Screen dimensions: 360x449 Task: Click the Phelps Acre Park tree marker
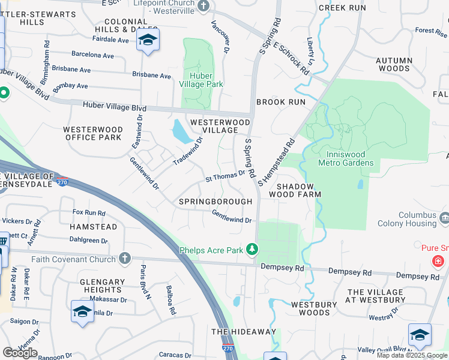click(253, 248)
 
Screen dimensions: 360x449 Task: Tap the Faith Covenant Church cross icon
click(125, 259)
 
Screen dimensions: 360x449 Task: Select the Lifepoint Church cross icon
click(204, 6)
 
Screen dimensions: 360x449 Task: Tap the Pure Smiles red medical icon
click(438, 261)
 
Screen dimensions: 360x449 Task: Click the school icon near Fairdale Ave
click(146, 41)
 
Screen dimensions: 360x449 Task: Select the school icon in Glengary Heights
click(82, 311)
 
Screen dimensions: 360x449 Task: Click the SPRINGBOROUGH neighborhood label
click(215, 202)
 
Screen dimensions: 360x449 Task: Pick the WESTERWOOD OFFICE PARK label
click(92, 133)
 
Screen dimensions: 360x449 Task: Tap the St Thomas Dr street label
click(225, 175)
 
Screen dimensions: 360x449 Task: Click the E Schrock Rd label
click(292, 58)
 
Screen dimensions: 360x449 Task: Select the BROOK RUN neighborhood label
click(281, 103)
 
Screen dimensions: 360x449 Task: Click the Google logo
click(20, 353)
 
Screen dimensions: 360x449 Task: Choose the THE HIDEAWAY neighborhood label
click(244, 332)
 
